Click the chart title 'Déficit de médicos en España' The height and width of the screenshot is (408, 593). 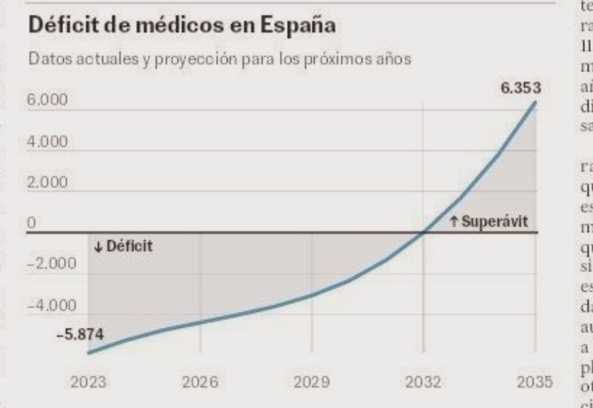(182, 26)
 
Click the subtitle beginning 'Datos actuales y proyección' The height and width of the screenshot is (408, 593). (219, 59)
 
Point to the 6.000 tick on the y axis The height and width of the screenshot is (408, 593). (49, 101)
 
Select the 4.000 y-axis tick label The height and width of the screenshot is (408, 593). (49, 142)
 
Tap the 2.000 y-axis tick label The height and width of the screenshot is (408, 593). (49, 183)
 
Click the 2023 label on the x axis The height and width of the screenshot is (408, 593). (88, 383)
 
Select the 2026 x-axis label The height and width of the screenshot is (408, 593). (200, 383)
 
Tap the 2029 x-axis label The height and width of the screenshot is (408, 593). (312, 383)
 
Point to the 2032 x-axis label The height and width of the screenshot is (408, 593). (423, 383)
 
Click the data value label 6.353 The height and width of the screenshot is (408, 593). (520, 88)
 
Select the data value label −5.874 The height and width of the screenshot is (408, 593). (80, 335)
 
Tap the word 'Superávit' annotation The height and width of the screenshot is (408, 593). (495, 222)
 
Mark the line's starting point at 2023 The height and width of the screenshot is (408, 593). (88, 353)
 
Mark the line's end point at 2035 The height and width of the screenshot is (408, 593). (535, 102)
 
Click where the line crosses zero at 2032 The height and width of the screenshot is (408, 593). (423, 233)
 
